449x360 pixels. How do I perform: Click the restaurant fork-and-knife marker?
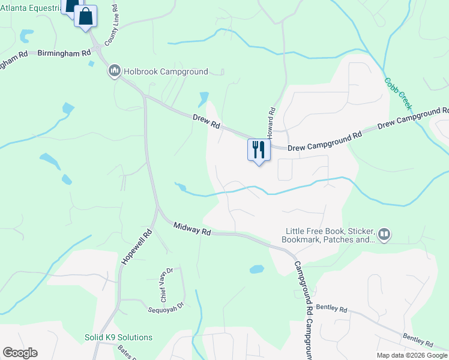[259, 150]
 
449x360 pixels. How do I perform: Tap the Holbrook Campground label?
[166, 71]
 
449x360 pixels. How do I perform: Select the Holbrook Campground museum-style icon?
[114, 71]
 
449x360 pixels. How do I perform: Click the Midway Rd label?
[193, 229]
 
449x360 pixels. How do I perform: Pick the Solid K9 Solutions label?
[118, 337]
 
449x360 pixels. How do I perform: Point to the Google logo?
[20, 353]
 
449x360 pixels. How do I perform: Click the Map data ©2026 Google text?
[411, 355]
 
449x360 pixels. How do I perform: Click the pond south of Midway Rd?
[256, 269]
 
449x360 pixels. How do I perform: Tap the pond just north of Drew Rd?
[203, 98]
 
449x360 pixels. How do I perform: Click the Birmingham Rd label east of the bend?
[58, 53]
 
